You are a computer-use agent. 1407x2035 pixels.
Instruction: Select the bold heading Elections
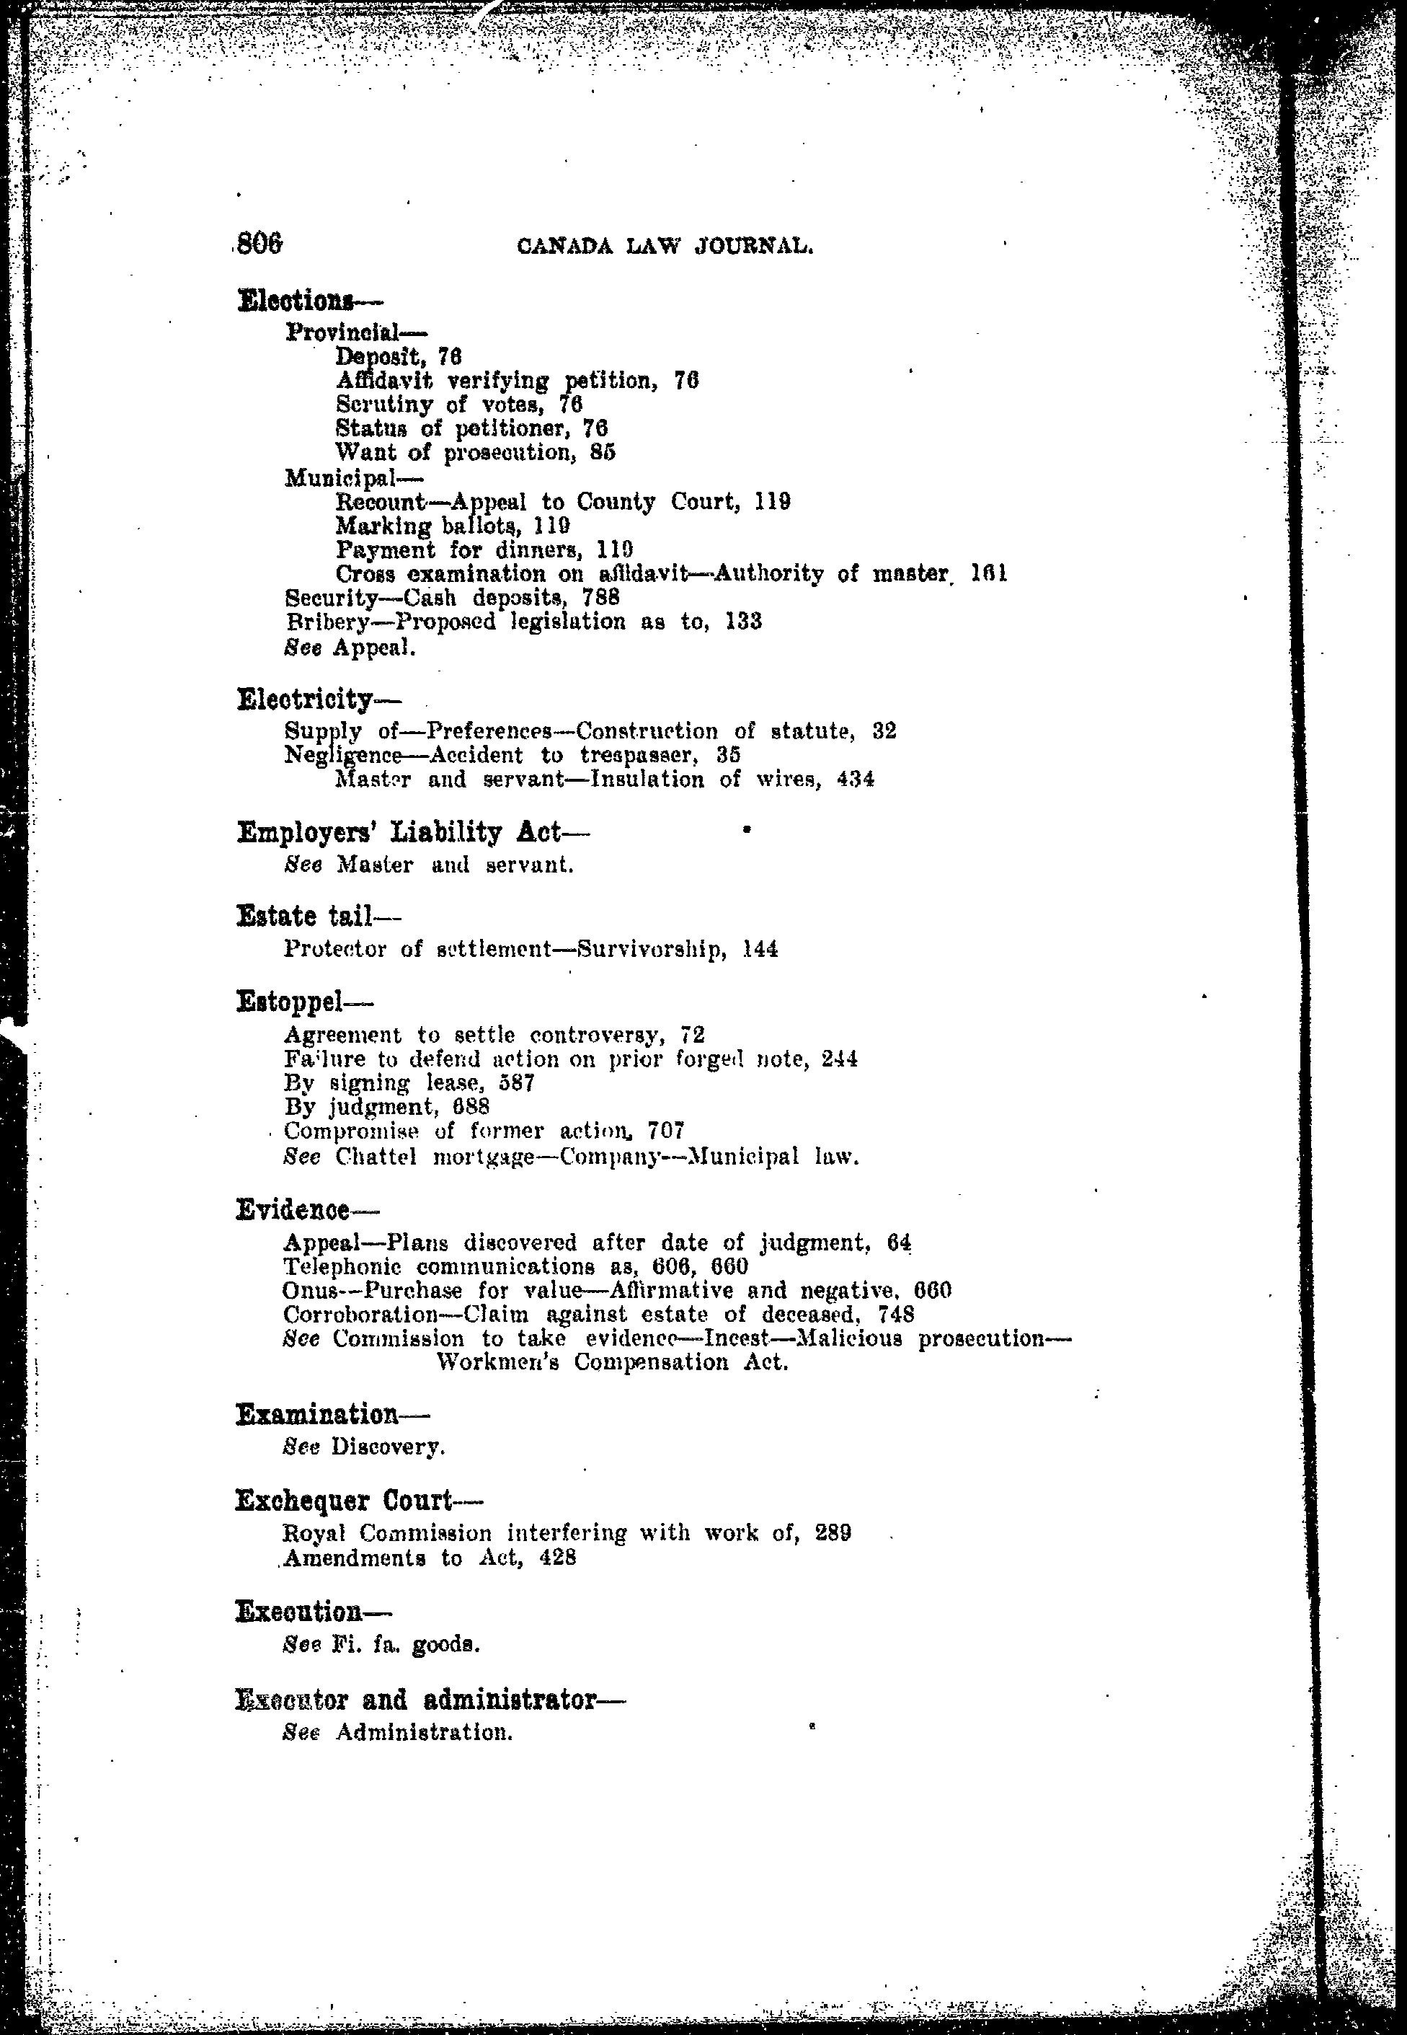tap(296, 301)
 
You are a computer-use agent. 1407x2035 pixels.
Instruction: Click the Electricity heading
tap(306, 699)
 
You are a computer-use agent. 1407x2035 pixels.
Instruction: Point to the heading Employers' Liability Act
tap(400, 831)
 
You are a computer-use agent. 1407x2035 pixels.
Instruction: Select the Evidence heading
tap(293, 1210)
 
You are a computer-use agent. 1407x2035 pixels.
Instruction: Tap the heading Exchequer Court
tap(345, 1500)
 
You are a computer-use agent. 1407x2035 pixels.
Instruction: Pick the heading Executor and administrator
tap(416, 1699)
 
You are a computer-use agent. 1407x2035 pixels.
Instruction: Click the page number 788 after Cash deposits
tap(601, 597)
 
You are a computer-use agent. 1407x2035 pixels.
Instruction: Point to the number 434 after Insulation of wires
tap(856, 780)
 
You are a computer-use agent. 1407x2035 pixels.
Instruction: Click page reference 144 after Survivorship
tap(760, 949)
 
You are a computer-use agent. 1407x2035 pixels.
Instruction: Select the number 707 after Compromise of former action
tap(667, 1131)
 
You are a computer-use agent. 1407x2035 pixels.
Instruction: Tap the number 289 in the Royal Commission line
tap(833, 1532)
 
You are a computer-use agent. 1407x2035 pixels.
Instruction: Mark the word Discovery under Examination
tap(387, 1447)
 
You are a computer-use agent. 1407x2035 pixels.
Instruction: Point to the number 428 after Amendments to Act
tap(558, 1557)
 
